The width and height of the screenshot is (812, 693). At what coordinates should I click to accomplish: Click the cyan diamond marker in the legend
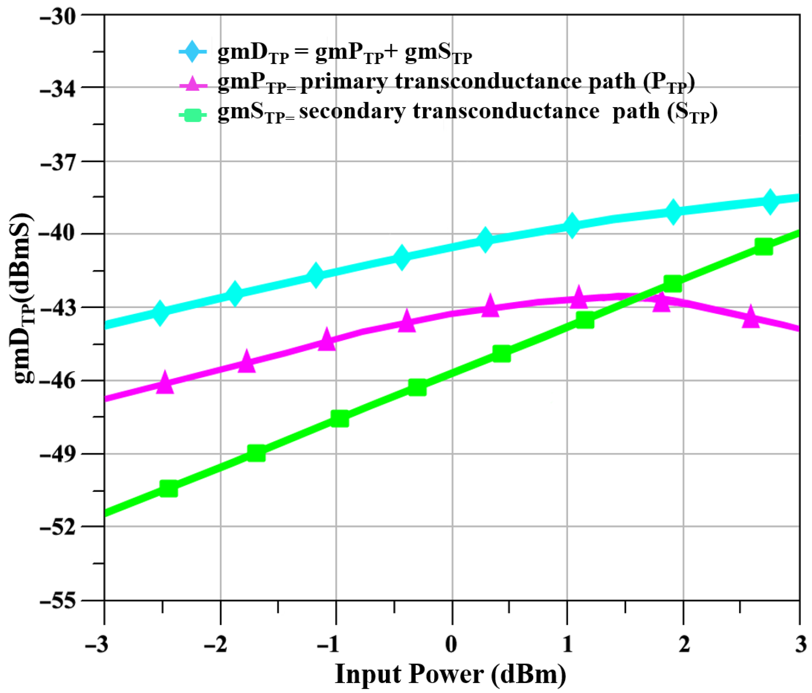pyautogui.click(x=192, y=51)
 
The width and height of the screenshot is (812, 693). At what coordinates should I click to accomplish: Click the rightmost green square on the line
pyautogui.click(x=763, y=246)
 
